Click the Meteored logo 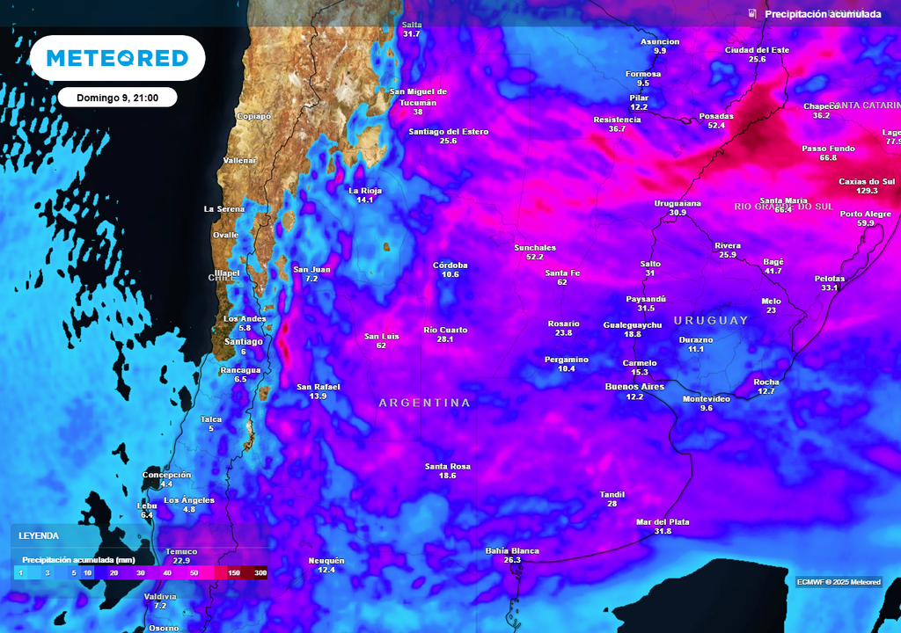117,58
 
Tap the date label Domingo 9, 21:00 117,98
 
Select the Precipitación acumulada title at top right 822,14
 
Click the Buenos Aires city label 634,387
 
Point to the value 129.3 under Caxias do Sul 867,191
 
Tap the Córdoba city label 450,265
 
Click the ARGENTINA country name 424,403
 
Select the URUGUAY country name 711,321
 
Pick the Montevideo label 707,398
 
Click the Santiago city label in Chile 244,341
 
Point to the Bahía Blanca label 512,551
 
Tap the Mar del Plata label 663,521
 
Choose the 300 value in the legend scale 260,572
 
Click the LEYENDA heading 39,535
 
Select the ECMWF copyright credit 838,582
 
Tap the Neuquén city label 326,560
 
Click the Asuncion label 659,41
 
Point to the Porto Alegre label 866,214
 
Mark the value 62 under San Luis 381,346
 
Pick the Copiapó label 254,116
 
